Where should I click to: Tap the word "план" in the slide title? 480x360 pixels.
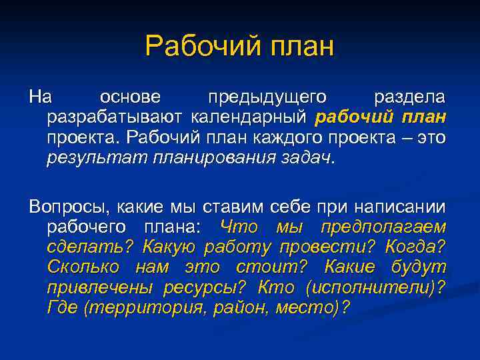pos(295,47)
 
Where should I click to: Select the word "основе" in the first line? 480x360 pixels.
pos(130,97)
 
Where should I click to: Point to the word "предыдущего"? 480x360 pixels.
pos(267,97)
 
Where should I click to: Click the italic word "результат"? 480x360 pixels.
pos(97,159)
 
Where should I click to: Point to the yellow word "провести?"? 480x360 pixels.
pos(326,247)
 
